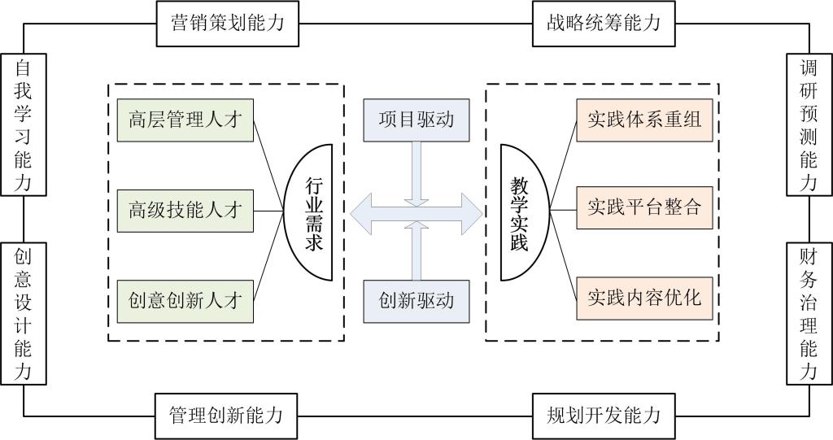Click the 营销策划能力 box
(227, 23)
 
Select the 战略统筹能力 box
(603, 23)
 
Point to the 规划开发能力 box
(603, 416)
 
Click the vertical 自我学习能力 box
(23, 124)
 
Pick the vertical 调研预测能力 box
(808, 124)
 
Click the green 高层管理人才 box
(185, 120)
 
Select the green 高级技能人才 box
(185, 210)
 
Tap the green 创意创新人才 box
(185, 299)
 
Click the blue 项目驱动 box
(416, 120)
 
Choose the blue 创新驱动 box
(416, 299)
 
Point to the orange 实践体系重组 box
(643, 120)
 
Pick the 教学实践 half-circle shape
(518, 210)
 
